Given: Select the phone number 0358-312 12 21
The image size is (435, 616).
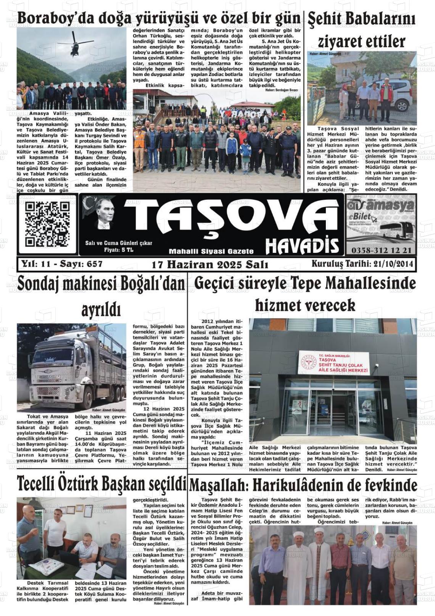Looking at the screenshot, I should pyautogui.click(x=380, y=251).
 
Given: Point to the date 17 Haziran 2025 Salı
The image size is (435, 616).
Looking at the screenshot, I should pyautogui.click(x=210, y=265).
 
